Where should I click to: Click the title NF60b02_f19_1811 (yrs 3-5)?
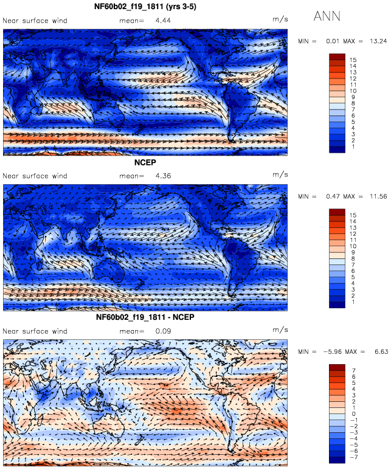[145, 7]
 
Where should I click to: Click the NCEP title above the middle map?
[145, 162]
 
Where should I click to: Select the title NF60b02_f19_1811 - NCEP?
[145, 317]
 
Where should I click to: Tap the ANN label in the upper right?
[327, 16]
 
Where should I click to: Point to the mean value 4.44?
[163, 21]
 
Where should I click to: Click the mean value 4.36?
[163, 176]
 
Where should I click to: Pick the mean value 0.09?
[163, 331]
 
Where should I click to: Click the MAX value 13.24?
[378, 41]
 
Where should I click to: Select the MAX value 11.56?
[378, 196]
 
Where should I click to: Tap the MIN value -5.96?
[333, 351]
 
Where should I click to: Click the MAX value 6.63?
[381, 351]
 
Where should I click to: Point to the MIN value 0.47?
[333, 196]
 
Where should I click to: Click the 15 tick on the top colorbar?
[353, 60]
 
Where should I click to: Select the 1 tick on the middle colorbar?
[353, 302]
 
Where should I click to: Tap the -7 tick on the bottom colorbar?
[353, 457]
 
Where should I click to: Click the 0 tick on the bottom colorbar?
[354, 414]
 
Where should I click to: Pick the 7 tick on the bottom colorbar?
[354, 370]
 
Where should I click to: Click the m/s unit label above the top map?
[280, 19]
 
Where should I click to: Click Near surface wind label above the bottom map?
[35, 331]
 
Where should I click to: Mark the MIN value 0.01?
[333, 41]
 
